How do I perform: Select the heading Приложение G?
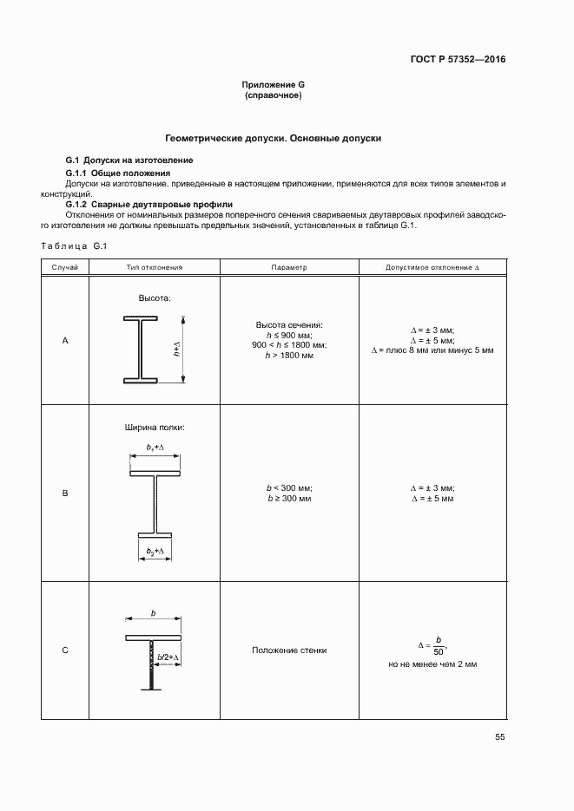[x=274, y=85]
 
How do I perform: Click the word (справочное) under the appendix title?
[x=274, y=95]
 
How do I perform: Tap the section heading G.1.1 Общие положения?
[x=118, y=173]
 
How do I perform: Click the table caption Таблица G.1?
[x=73, y=246]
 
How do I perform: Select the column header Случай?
[x=65, y=268]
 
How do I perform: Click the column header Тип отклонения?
[x=155, y=268]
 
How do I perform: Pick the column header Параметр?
[x=289, y=268]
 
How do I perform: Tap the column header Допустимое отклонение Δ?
[x=432, y=268]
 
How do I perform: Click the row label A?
[x=65, y=341]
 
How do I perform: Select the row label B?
[x=65, y=494]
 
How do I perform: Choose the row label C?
[x=65, y=651]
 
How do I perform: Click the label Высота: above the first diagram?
[x=155, y=298]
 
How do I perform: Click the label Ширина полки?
[x=155, y=428]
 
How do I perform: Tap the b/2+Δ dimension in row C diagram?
[x=168, y=658]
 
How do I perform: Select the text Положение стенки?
[x=289, y=651]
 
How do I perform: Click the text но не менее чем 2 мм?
[x=432, y=664]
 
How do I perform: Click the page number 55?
[x=500, y=737]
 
